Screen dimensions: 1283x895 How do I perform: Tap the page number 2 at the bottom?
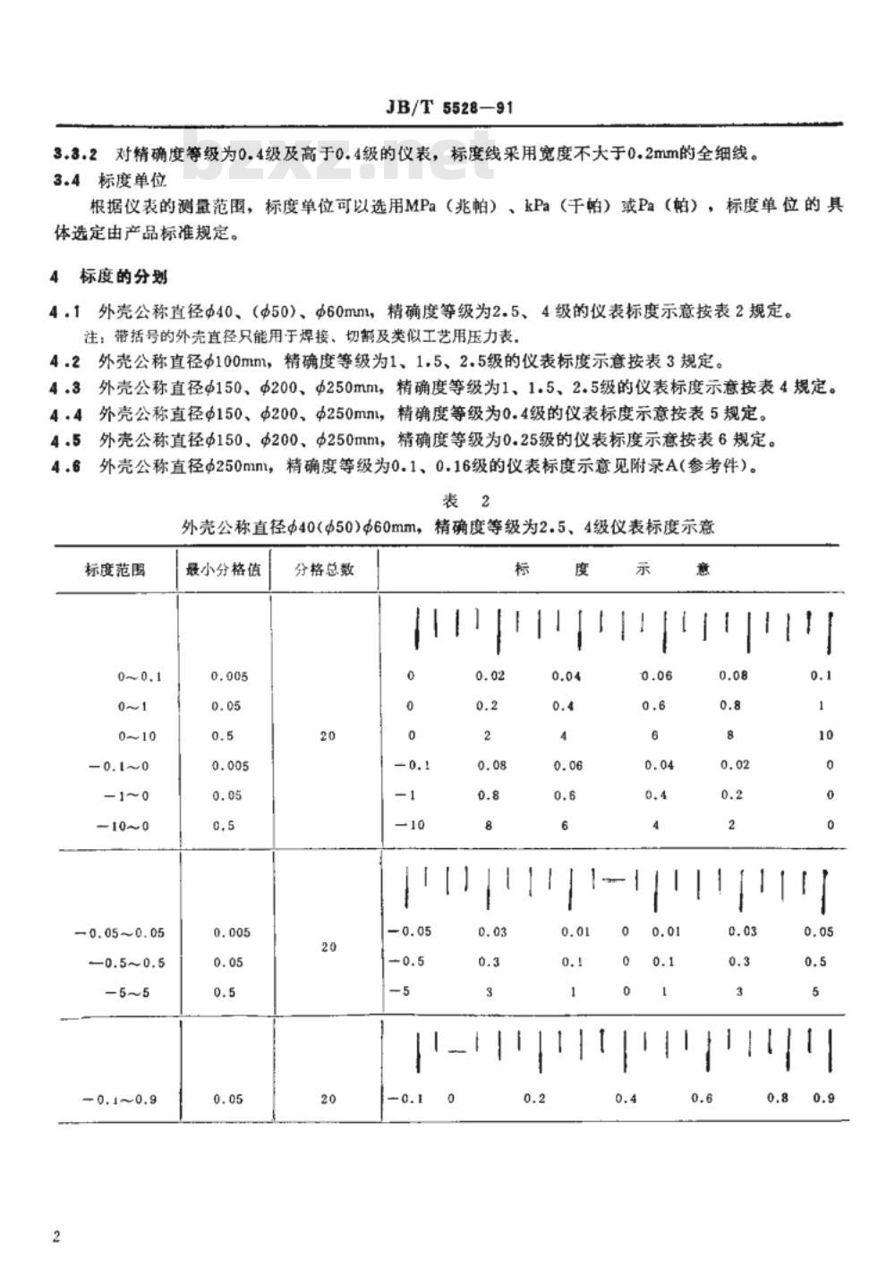click(x=57, y=1236)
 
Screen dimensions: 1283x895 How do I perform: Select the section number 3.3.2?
click(x=75, y=152)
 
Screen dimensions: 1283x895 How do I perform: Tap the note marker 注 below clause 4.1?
click(x=89, y=336)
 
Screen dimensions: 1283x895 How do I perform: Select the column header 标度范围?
click(x=116, y=568)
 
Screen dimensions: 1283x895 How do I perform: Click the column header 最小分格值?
click(x=224, y=568)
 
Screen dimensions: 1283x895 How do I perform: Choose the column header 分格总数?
click(x=324, y=568)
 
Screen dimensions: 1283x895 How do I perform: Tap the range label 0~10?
click(x=139, y=735)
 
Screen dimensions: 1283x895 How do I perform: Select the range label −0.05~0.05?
click(x=119, y=932)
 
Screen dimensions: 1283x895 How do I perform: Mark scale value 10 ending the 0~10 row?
click(x=824, y=735)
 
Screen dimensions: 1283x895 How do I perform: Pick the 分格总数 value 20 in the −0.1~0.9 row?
click(x=328, y=1099)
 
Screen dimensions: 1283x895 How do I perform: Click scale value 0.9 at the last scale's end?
click(x=823, y=1098)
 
